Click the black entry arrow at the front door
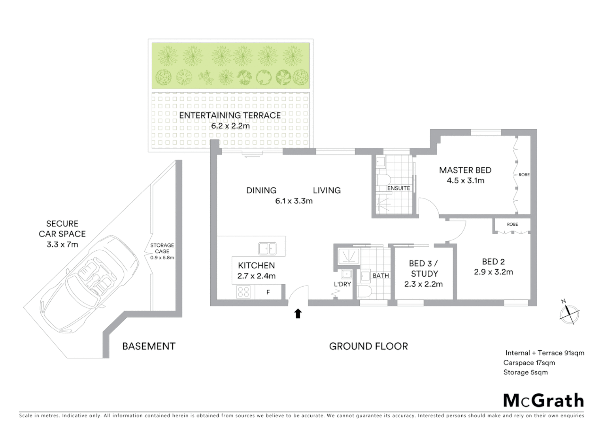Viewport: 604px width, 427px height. tap(298, 314)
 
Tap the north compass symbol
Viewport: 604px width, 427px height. tap(569, 313)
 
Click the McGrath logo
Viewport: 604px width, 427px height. tap(543, 401)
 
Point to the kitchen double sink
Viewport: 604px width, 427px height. tap(267, 249)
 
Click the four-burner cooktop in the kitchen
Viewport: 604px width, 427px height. tap(243, 292)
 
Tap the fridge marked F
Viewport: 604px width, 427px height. tap(268, 293)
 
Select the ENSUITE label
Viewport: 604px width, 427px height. tap(398, 188)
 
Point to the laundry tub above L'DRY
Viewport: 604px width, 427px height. tap(346, 274)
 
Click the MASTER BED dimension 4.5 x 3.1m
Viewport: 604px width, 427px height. tap(465, 181)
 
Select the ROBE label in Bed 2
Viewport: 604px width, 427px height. tap(512, 224)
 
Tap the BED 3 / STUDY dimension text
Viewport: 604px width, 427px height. tap(423, 284)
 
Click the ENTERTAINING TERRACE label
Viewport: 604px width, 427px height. tap(230, 115)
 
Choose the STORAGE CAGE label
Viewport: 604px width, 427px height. tap(162, 248)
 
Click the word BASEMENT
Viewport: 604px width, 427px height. tap(149, 346)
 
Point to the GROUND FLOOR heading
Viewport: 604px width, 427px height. tap(368, 346)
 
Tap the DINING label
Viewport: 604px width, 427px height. tap(261, 191)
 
